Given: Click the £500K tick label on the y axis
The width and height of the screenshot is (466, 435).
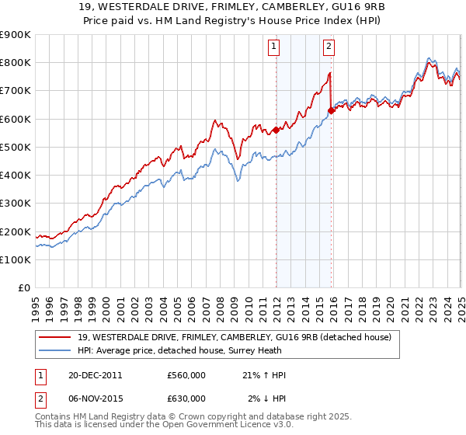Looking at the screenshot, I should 16,147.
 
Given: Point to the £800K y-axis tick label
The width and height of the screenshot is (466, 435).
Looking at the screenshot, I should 16,62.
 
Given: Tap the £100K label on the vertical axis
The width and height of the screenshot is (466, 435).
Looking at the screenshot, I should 16,259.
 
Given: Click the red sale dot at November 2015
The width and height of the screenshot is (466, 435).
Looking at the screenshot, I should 332,110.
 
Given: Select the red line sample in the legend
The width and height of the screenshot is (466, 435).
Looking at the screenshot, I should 55,336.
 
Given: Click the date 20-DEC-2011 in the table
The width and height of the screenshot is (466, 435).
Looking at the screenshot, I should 95,375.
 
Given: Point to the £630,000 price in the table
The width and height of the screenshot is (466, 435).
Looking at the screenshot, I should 186,398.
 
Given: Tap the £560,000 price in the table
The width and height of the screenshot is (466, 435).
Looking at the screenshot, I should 186,375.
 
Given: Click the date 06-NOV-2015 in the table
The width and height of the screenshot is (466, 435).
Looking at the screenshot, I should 96,398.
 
